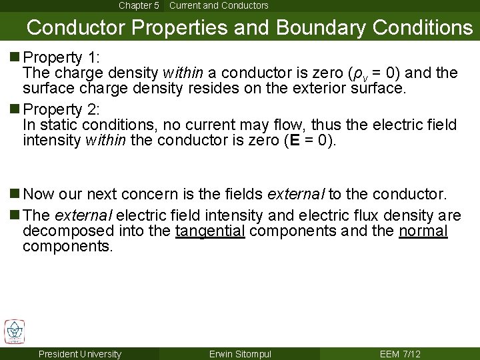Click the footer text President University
tap(80, 354)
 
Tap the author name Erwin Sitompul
tap(240, 354)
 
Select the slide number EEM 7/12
tap(399, 354)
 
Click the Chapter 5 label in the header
tap(139, 5)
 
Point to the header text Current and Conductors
tap(219, 5)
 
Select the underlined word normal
tap(423, 231)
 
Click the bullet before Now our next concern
tap(16, 195)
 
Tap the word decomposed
tap(61, 231)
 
